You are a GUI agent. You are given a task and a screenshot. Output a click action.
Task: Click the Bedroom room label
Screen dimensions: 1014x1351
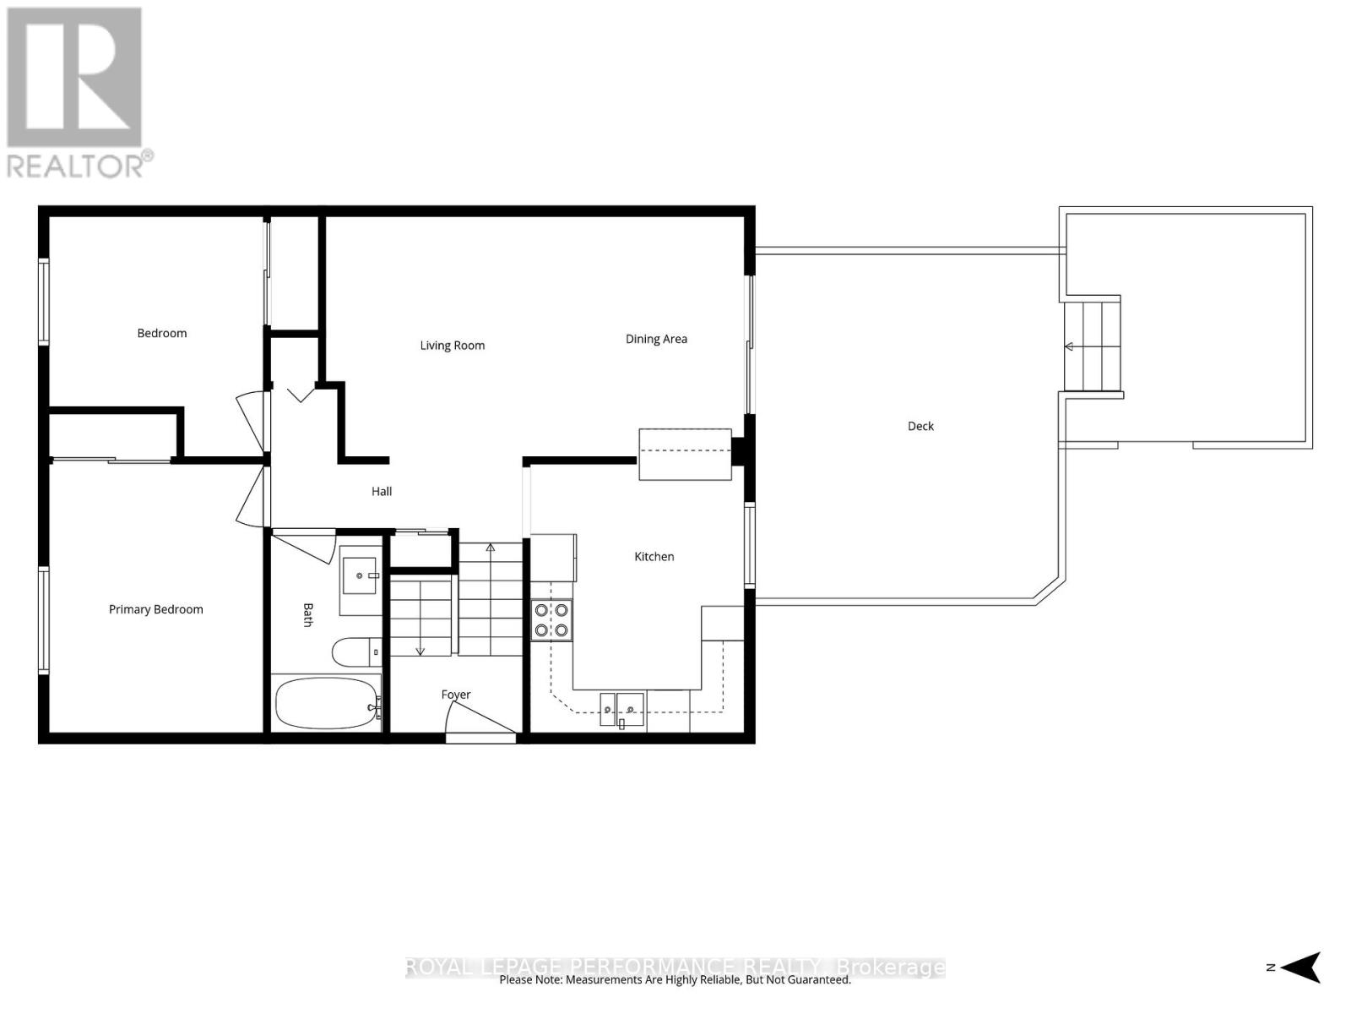coord(162,333)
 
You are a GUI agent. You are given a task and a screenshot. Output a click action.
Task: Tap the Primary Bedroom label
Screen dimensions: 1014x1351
coord(155,609)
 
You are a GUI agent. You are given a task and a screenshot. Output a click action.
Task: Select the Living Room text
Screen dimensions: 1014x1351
coord(453,345)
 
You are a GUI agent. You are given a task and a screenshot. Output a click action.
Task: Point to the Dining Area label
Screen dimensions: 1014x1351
coord(656,339)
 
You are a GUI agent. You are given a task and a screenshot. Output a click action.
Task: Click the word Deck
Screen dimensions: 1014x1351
coord(920,426)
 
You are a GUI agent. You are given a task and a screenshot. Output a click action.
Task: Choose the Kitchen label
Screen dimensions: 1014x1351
coord(654,556)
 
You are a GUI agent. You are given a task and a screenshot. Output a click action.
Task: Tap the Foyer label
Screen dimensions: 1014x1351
coord(456,695)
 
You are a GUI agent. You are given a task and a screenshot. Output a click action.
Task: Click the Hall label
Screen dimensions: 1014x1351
coord(382,491)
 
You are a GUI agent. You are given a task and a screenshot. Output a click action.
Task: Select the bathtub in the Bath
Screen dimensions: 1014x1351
coord(326,704)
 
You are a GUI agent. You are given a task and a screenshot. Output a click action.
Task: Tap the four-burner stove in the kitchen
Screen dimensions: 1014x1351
coord(551,619)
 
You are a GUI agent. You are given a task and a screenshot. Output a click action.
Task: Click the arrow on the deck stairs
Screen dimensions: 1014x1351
coord(1069,346)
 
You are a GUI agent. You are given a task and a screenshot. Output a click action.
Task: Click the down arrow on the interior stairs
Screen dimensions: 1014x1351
coord(420,649)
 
